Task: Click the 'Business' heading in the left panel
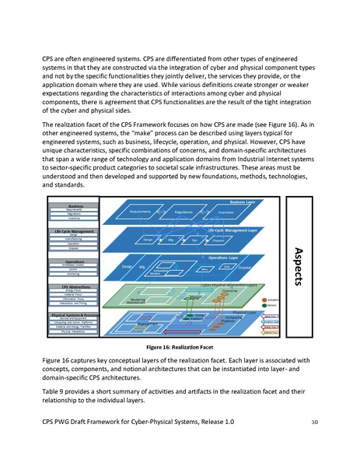75,205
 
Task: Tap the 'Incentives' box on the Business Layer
226,212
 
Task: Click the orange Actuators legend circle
265,300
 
